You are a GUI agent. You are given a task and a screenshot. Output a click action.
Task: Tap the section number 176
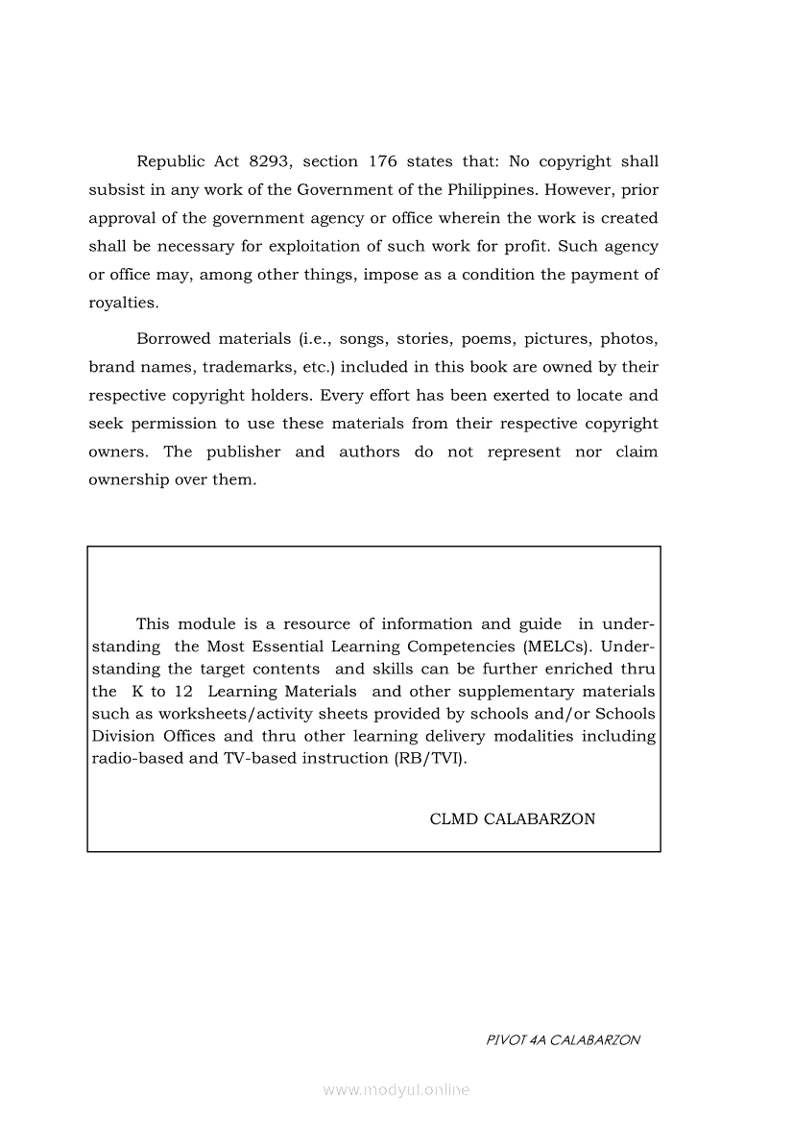(370, 161)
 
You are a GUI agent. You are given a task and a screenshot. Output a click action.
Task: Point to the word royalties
(123, 303)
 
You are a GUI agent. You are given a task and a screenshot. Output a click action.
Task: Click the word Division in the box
(122, 736)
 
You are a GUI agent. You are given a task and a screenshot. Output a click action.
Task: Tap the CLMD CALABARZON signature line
(513, 819)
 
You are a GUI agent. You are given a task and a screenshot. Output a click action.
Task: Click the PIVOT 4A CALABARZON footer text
(563, 1039)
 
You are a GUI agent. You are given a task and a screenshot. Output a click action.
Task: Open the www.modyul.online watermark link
(396, 1090)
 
